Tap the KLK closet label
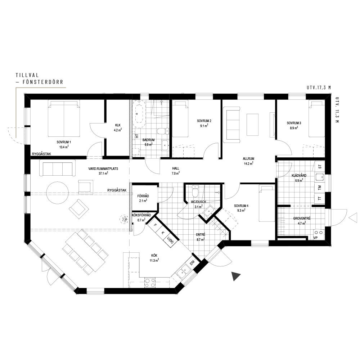click(118, 125)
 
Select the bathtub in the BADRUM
click(139, 114)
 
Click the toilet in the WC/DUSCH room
click(195, 192)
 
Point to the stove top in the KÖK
click(150, 283)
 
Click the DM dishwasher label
click(192, 262)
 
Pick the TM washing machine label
click(320, 188)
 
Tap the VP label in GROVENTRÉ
click(315, 238)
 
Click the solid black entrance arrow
click(235, 276)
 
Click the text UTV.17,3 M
click(319, 87)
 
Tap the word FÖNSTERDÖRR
click(43, 82)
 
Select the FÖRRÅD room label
click(143, 196)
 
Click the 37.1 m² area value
click(103, 174)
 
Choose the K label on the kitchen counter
click(163, 233)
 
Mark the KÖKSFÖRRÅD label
click(141, 215)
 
